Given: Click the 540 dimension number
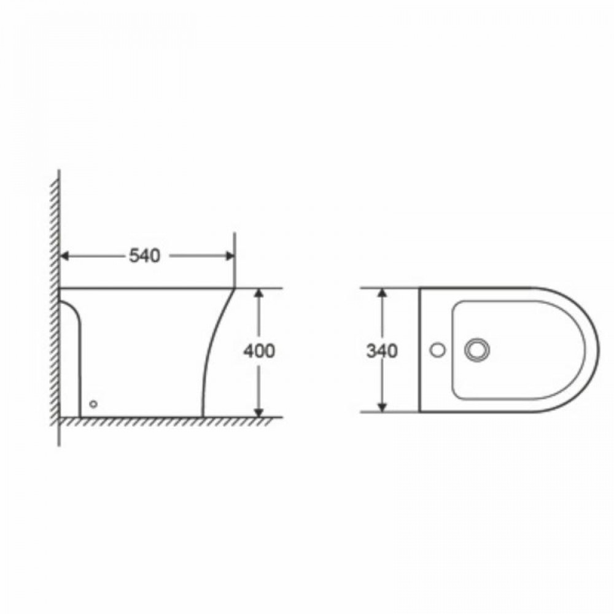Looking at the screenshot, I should [145, 255].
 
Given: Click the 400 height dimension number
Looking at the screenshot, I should [259, 351].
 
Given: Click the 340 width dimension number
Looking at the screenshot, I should [382, 351].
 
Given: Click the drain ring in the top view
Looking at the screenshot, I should [477, 350].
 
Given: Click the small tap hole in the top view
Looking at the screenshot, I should [437, 350].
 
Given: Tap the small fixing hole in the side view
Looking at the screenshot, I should [93, 403].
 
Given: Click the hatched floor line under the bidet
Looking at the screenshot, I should [166, 421].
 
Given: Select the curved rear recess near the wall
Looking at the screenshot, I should [75, 319].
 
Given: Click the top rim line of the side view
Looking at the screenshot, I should [147, 287].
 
